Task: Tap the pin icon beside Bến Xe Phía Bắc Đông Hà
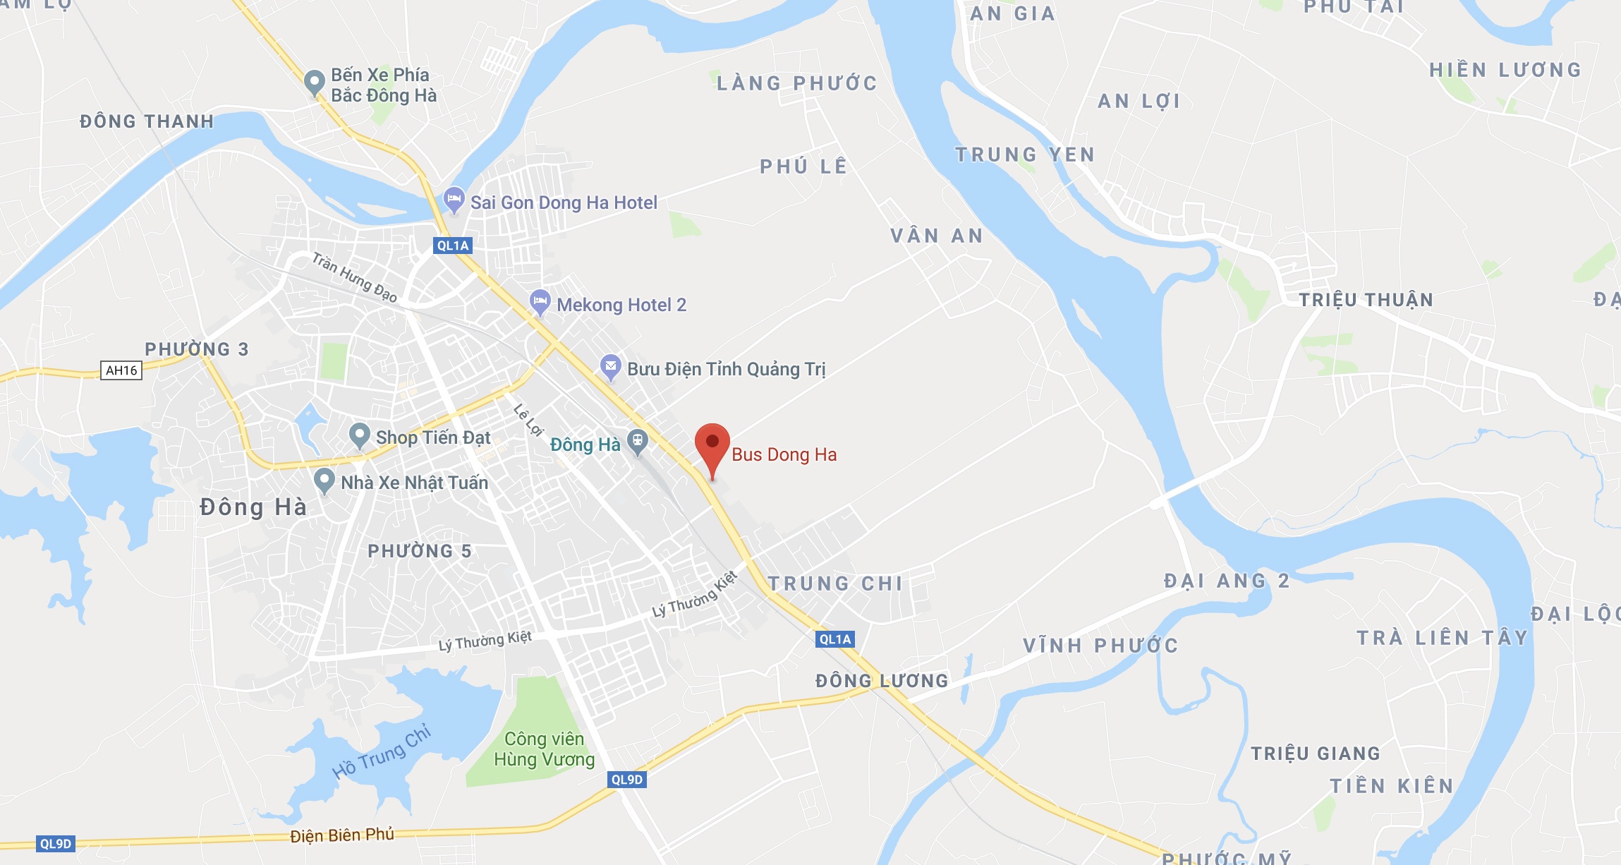[x=314, y=82]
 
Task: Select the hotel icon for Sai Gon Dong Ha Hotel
[x=454, y=199]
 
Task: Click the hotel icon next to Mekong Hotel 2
[x=540, y=302]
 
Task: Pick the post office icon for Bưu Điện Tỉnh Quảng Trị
[x=610, y=366]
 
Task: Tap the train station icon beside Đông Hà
[x=638, y=442]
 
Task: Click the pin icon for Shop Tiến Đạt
[x=360, y=435]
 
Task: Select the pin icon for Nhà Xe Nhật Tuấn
[x=324, y=480]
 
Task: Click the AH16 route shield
[x=121, y=370]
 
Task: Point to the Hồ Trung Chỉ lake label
[x=382, y=752]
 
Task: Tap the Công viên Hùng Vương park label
[x=544, y=749]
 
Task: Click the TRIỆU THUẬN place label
[x=1366, y=300]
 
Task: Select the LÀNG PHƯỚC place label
[x=797, y=83]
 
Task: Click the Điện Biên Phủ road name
[x=342, y=835]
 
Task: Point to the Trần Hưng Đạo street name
[x=355, y=277]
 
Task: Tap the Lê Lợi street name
[x=528, y=420]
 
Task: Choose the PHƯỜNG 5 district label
[x=420, y=551]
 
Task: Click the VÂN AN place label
[x=937, y=236]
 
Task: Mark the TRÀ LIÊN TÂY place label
[x=1443, y=638]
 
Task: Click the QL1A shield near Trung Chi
[x=835, y=639]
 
